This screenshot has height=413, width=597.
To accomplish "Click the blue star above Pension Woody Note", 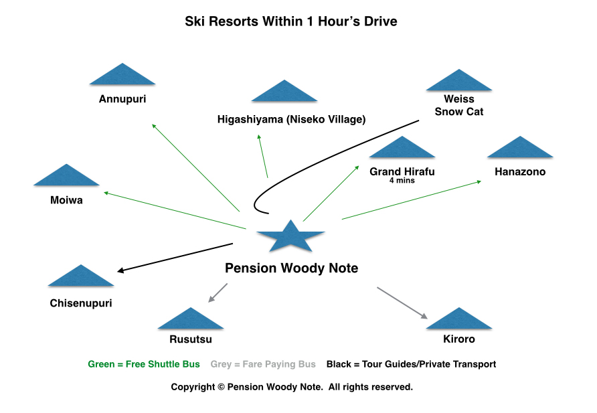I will tap(291, 236).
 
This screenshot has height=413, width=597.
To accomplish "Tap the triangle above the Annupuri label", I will tap(122, 76).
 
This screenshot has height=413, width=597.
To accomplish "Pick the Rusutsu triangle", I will tap(191, 321).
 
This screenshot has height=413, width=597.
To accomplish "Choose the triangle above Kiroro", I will tap(459, 321).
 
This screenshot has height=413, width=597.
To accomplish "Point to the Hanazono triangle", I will tap(520, 149).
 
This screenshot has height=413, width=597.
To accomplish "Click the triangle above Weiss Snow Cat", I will tap(459, 82).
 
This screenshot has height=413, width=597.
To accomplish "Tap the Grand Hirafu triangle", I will tap(402, 149).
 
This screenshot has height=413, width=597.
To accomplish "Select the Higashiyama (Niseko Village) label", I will tap(291, 120).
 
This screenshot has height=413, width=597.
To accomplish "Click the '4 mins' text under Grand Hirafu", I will tap(402, 181).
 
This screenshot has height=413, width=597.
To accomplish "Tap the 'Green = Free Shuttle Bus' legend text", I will tap(144, 365).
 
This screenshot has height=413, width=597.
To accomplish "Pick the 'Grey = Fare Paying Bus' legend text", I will tap(263, 365).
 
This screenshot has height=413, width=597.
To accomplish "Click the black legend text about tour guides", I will tap(411, 365).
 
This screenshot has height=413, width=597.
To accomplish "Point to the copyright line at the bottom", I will tap(292, 387).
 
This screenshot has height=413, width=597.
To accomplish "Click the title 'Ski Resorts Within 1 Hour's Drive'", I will tap(291, 22).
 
